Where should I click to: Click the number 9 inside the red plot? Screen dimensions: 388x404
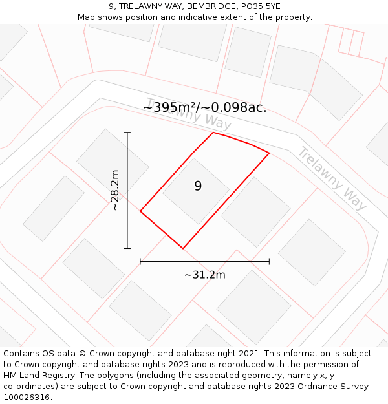198,186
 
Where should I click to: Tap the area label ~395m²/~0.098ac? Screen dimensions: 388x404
204,107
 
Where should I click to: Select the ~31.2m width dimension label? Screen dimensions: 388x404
204,275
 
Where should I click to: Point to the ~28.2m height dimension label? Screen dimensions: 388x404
115,190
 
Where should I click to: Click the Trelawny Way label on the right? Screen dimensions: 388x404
332,178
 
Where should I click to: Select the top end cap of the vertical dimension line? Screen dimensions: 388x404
127,133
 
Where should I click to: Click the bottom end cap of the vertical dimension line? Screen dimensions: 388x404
127,248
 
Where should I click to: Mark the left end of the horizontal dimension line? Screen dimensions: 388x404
140,261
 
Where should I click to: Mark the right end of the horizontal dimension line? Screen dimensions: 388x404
269,261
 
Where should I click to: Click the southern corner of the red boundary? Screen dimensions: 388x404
183,248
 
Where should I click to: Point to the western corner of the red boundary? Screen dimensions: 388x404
140,211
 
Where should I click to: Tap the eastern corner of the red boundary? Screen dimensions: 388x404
269,153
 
